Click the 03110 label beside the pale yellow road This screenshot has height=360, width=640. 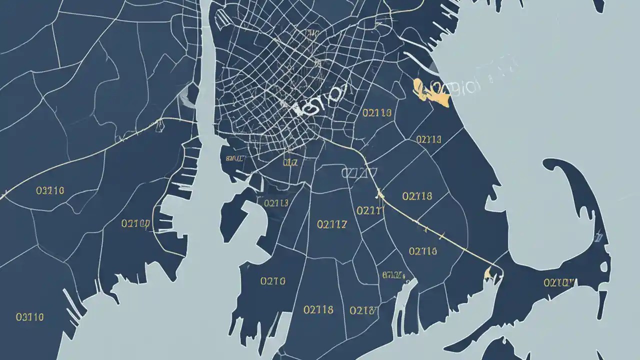pyautogui.click(x=50, y=190)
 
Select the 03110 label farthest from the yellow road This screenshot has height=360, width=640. pyautogui.click(x=30, y=316)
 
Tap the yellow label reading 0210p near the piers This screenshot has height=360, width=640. pyautogui.click(x=136, y=223)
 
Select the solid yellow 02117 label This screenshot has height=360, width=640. pyautogui.click(x=331, y=224)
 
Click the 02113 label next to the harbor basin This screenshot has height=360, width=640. pyautogui.click(x=276, y=203)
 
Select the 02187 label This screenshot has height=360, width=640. pyautogui.click(x=363, y=310)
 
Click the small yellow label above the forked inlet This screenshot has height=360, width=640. pyautogui.click(x=393, y=274)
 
